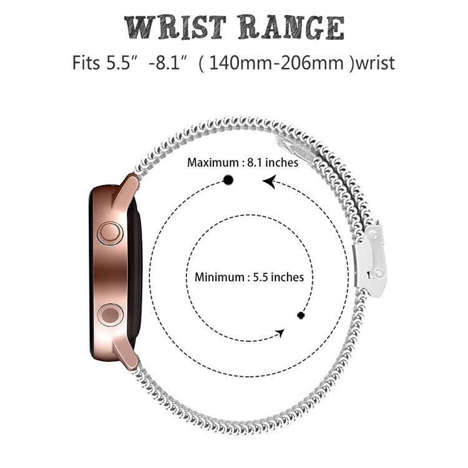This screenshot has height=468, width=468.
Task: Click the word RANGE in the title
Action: click(291, 27)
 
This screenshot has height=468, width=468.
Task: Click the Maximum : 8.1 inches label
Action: click(243, 163)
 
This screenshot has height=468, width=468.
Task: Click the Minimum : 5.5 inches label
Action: click(249, 276)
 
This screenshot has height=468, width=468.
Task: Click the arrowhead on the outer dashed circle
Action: click(270, 182)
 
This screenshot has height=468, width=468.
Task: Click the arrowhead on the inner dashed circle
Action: click(280, 334)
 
